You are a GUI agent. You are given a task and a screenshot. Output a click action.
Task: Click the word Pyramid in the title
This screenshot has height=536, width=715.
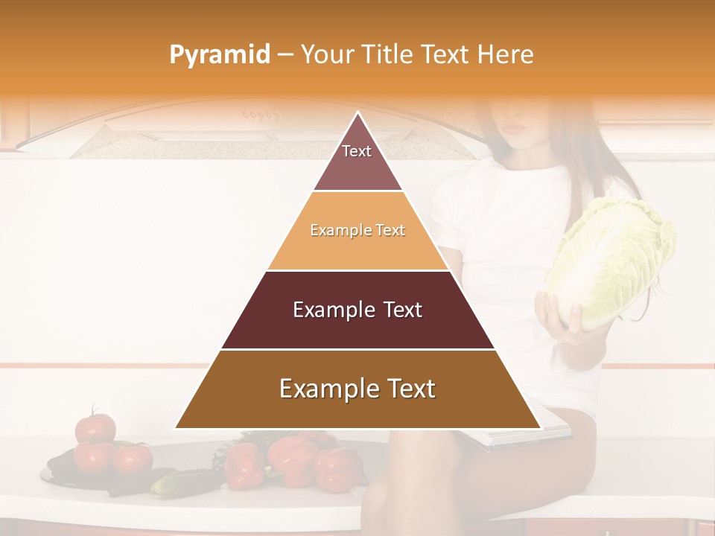219,55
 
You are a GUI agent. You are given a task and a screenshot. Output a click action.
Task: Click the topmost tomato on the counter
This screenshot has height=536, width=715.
95,427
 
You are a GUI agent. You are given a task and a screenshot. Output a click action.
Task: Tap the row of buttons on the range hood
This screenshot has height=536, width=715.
261,115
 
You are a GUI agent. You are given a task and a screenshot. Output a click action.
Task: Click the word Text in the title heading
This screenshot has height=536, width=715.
445,54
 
